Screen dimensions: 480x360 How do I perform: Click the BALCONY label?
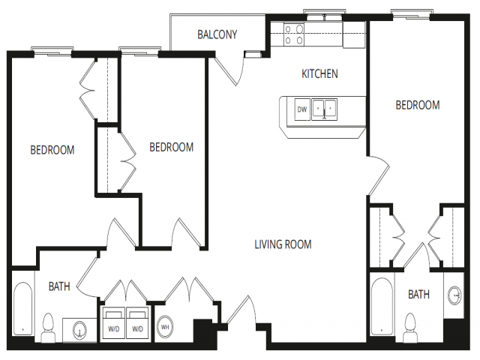(217, 34)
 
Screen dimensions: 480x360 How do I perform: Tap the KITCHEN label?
(319, 73)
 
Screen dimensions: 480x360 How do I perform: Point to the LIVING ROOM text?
(283, 244)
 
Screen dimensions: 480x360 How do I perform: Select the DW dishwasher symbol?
(302, 109)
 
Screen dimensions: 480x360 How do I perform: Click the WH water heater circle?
(165, 327)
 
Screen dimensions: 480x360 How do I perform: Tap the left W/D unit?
(113, 322)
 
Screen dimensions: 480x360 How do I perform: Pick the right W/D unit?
(137, 322)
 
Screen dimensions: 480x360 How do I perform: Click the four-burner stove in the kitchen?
(294, 34)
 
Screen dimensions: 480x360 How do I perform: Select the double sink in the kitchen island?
(324, 109)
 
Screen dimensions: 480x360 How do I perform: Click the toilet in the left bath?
(48, 328)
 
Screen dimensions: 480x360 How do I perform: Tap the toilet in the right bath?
(410, 328)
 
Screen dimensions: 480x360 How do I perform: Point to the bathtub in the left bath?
(23, 309)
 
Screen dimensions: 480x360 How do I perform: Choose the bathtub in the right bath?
(382, 307)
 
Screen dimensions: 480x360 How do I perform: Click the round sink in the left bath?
(80, 330)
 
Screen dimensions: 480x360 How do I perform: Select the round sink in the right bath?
(455, 295)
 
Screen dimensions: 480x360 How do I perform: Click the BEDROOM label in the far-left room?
(52, 150)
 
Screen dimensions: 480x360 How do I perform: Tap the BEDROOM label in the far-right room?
(418, 105)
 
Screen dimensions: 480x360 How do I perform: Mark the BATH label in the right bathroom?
(418, 295)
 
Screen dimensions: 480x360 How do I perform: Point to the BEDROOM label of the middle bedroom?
(172, 147)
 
